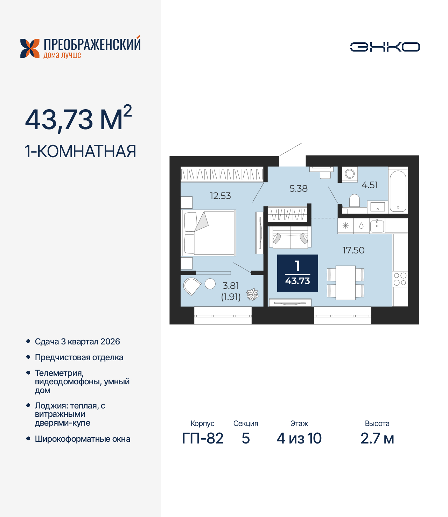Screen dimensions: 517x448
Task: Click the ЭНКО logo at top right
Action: [385, 47]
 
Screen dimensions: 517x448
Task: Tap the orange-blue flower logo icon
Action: [30, 48]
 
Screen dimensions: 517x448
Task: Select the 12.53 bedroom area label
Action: [220, 196]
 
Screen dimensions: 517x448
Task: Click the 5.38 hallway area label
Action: [298, 189]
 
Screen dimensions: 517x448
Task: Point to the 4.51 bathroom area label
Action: [370, 185]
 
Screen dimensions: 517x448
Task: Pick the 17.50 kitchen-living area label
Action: [353, 250]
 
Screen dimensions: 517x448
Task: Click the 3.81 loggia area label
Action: [230, 286]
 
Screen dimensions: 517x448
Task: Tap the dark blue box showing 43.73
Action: [297, 273]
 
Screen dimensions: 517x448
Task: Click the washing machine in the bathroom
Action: [350, 174]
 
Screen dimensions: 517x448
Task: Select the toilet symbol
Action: [355, 201]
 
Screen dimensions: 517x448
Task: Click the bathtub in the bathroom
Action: [398, 191]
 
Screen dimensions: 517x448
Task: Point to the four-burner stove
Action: [400, 279]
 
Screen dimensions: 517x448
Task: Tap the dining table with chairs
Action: [345, 282]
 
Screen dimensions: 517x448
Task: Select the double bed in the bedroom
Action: [209, 233]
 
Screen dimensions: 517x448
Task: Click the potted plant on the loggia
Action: [252, 294]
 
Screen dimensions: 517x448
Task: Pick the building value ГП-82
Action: [203, 438]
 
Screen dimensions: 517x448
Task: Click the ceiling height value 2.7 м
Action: [377, 438]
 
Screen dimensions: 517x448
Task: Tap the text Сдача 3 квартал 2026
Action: [77, 342]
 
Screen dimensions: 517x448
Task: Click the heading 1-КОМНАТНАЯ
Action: [80, 152]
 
